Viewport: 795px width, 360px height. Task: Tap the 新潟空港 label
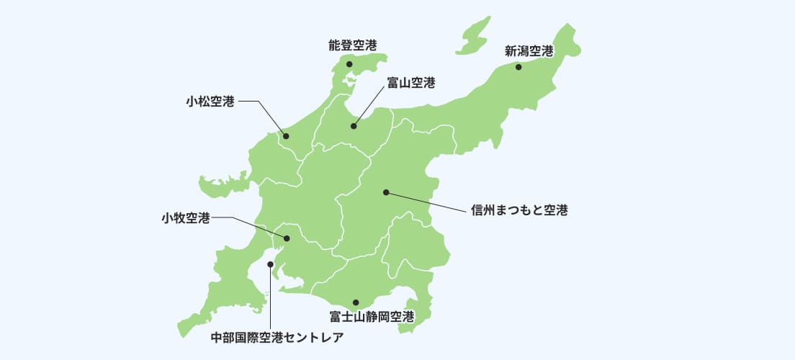(529, 51)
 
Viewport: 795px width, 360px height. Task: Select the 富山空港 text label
(410, 84)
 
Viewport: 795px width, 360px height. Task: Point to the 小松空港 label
(210, 102)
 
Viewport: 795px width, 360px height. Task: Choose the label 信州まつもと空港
(519, 211)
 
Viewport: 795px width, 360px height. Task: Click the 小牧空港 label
(186, 217)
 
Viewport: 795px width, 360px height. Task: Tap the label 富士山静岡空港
(372, 316)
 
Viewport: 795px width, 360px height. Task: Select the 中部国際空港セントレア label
(277, 336)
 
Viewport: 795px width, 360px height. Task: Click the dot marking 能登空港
(349, 64)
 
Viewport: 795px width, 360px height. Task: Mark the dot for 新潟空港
(518, 67)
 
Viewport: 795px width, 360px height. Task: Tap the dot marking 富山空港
(354, 126)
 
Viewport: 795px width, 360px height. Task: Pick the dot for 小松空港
(286, 135)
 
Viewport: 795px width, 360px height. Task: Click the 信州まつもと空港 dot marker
(386, 192)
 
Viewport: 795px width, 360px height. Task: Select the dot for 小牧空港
(287, 238)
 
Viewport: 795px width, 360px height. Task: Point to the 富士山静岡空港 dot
(356, 302)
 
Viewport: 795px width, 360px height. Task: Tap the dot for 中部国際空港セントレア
(270, 264)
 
